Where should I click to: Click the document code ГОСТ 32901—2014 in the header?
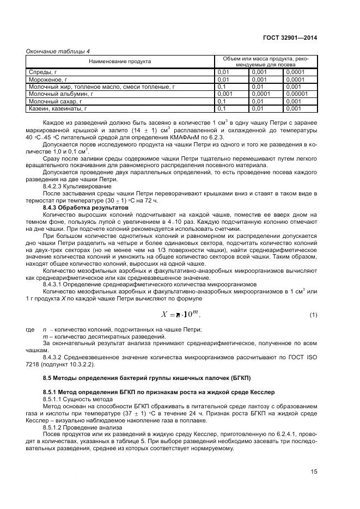coord(291,38)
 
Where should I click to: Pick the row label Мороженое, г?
coord(46,79)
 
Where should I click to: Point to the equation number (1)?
coord(313,315)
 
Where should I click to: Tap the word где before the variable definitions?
coord(30,329)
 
